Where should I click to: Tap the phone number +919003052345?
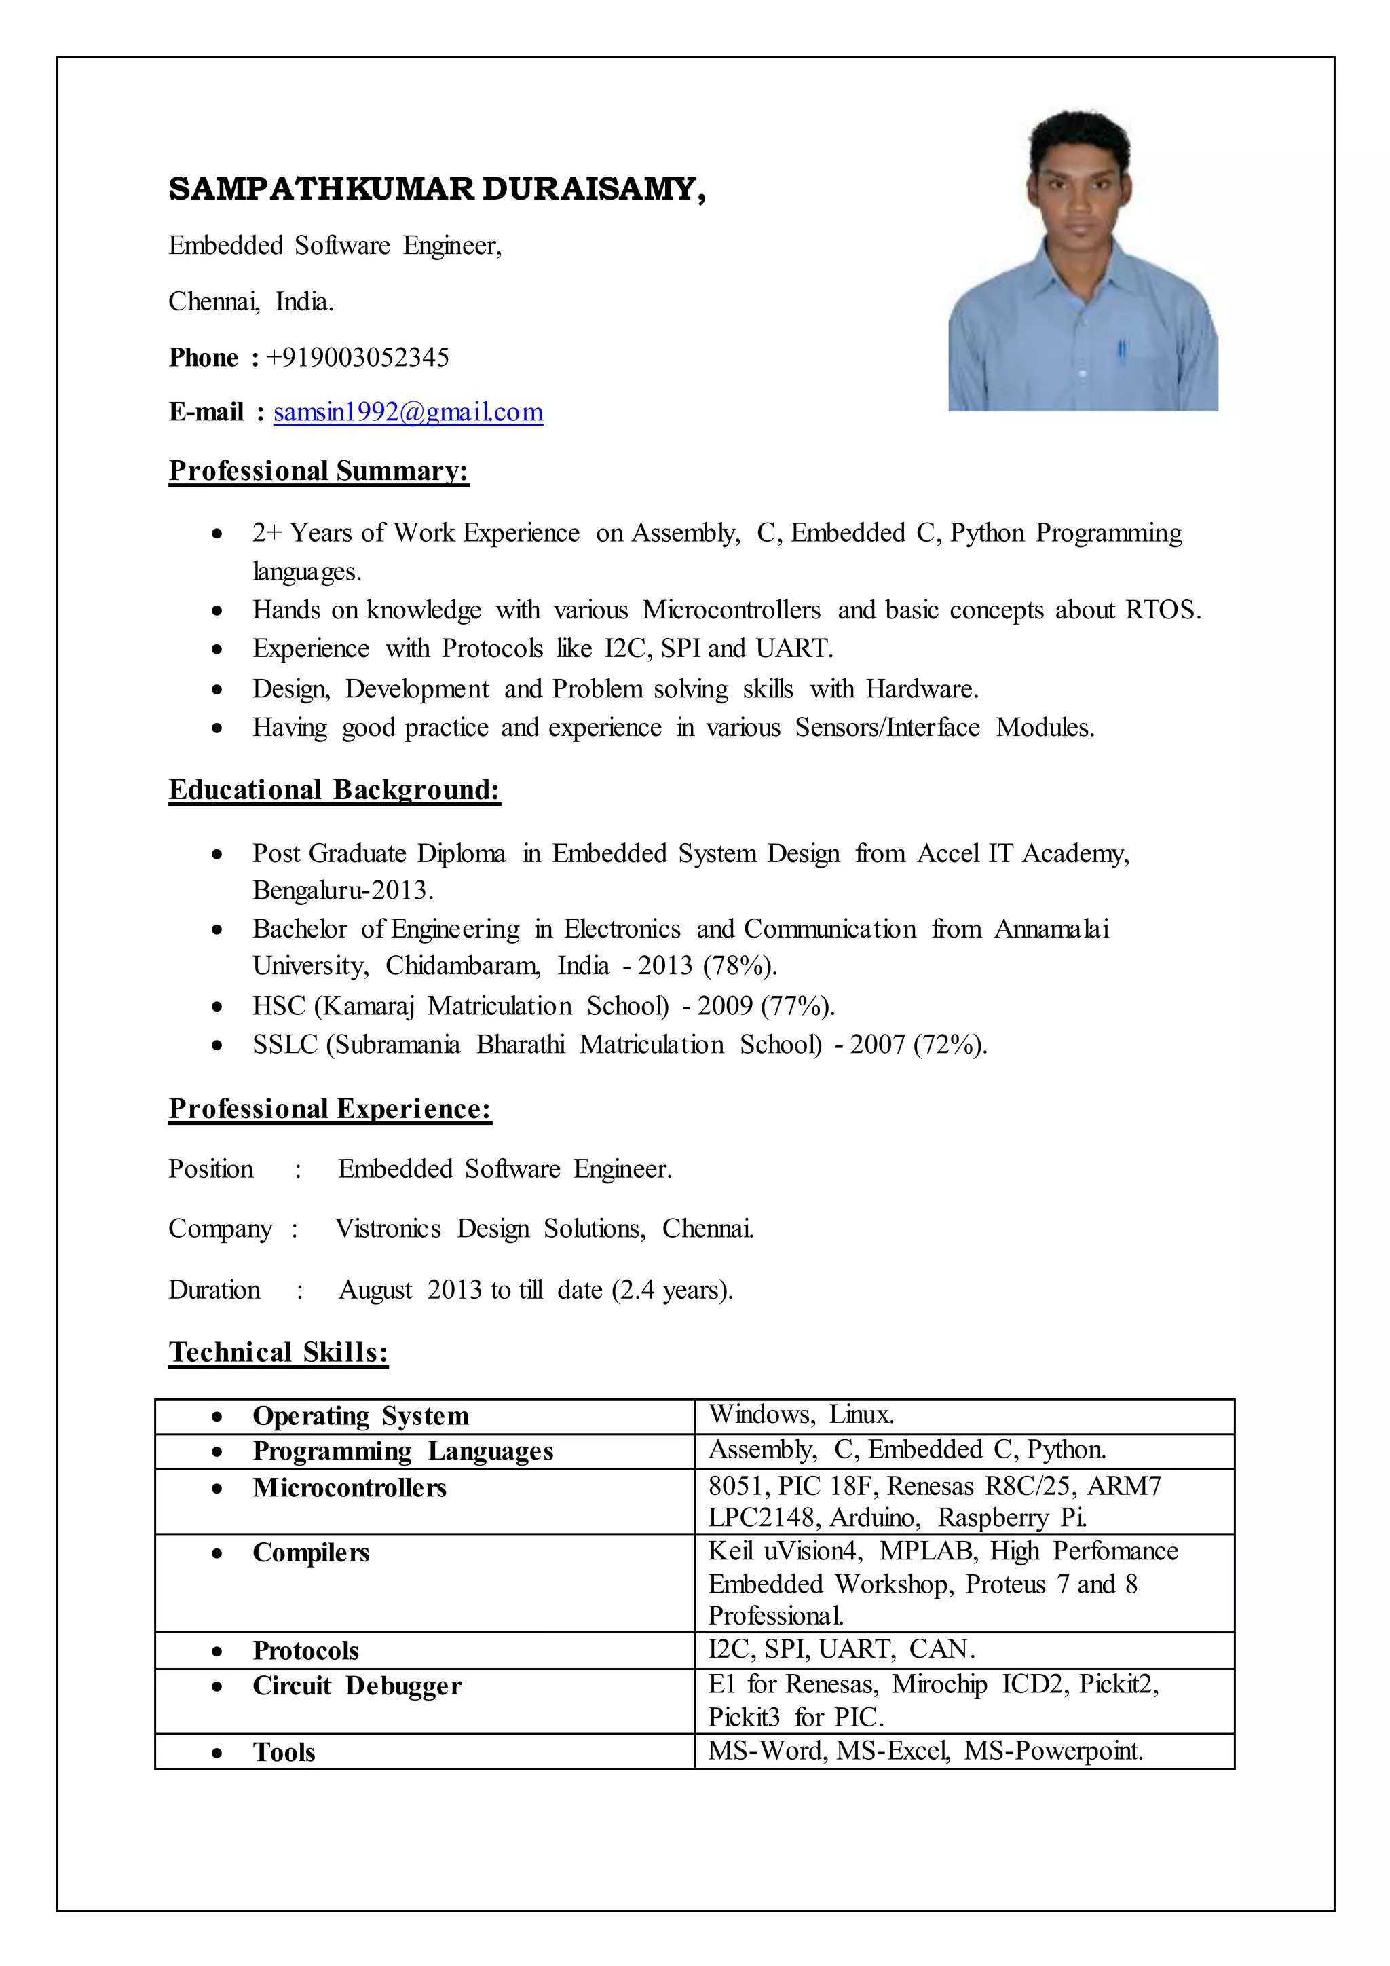point(358,357)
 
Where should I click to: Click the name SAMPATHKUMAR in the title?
point(321,189)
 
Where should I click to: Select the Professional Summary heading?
point(318,471)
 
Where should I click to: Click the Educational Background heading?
point(334,790)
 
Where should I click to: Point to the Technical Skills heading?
point(278,1352)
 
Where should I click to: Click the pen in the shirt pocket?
point(1121,350)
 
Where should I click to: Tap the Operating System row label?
point(360,1416)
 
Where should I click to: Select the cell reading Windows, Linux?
point(801,1415)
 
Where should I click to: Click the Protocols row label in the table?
point(305,1651)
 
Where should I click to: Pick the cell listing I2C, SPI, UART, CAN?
point(842,1649)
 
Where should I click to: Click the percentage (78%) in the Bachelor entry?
point(740,966)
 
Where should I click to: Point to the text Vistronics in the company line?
point(388,1229)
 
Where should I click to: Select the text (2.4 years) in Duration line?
point(672,1290)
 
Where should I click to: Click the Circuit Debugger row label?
point(357,1686)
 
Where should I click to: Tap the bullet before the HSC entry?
point(217,1007)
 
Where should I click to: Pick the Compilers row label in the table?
point(311,1553)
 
